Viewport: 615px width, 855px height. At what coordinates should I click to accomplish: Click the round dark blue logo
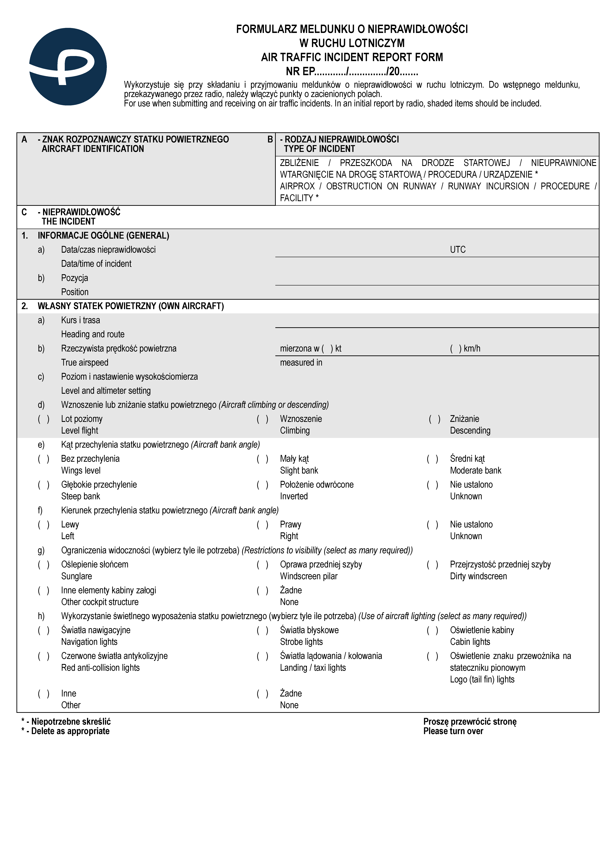click(68, 67)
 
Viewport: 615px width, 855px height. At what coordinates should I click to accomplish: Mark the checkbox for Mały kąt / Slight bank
click(262, 459)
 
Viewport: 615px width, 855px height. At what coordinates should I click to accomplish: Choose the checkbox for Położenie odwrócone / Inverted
click(262, 485)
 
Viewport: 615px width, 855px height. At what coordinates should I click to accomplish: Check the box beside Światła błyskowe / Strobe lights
click(262, 630)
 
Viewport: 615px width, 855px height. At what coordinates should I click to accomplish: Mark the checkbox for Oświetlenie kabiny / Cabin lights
click(432, 630)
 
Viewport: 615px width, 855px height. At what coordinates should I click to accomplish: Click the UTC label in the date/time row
click(458, 250)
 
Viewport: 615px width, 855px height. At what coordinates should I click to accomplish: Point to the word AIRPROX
click(297, 186)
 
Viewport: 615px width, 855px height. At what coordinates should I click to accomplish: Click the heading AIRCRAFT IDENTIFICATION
click(93, 149)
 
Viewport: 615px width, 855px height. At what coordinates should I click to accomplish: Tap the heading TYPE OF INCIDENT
click(319, 149)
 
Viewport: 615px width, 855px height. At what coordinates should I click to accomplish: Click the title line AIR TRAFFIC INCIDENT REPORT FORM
click(352, 57)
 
